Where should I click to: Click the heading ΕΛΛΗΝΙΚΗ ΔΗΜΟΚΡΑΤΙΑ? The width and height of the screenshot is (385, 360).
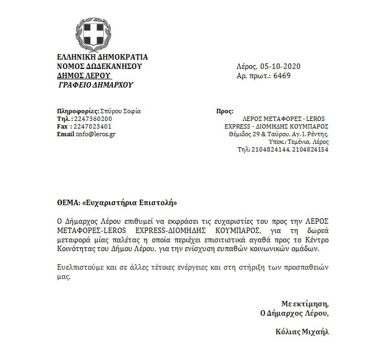pyautogui.click(x=102, y=57)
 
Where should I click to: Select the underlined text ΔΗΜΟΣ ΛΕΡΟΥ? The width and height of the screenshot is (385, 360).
pyautogui.click(x=84, y=76)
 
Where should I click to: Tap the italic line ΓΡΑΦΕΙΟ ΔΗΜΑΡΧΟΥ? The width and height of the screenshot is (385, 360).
pyautogui.click(x=95, y=85)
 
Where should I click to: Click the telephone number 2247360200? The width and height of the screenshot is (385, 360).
pyautogui.click(x=93, y=119)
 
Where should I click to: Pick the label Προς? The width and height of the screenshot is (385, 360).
pyautogui.click(x=225, y=111)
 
